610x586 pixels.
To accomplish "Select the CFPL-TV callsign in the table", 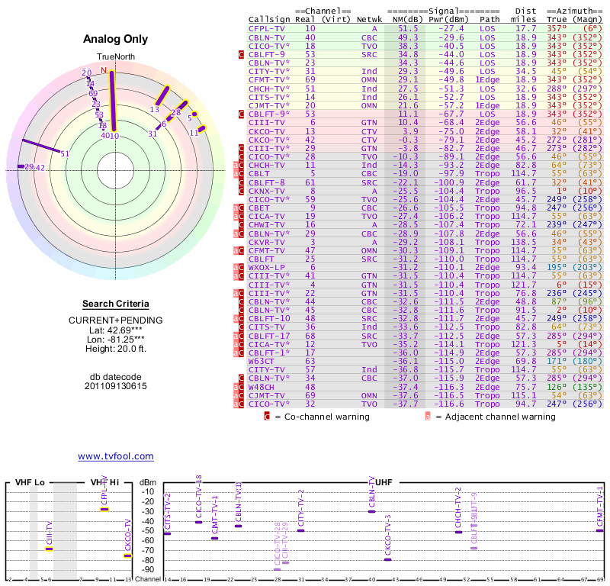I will pos(266,28).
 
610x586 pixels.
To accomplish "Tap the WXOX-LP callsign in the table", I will pos(266,267).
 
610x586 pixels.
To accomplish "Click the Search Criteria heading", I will pos(115,304).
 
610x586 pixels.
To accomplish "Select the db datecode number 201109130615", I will pos(115,386).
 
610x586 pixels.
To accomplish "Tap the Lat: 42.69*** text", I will pos(115,330).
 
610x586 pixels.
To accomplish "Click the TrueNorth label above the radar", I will pos(112,57).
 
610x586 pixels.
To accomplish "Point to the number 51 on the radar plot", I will pos(65,153).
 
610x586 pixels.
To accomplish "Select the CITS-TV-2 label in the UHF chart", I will pos(168,510).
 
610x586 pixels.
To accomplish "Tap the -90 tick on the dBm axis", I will pos(148,569).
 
